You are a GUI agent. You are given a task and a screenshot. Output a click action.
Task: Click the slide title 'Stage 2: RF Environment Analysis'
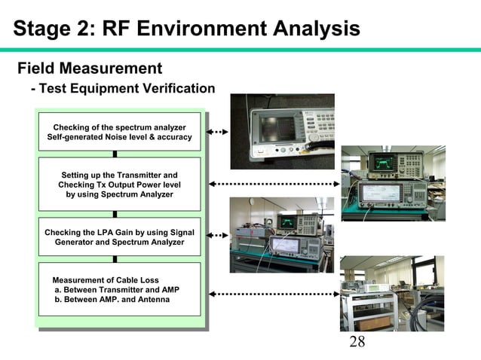click(x=186, y=29)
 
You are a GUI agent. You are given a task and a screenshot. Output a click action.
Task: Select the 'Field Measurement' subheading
click(x=90, y=69)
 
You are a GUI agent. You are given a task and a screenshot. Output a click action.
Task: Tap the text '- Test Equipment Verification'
click(x=123, y=89)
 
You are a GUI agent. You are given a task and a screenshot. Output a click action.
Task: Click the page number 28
click(x=357, y=343)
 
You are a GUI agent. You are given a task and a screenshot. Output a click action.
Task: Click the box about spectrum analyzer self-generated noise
click(x=119, y=132)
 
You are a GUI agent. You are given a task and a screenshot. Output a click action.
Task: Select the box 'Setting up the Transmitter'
click(x=119, y=185)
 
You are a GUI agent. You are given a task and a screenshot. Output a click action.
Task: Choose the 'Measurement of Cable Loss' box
click(x=119, y=289)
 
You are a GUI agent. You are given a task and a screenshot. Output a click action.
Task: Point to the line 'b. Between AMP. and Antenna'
click(x=112, y=300)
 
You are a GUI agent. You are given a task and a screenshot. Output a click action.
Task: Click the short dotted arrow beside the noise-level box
click(x=216, y=132)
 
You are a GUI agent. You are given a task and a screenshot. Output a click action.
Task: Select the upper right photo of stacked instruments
click(x=393, y=183)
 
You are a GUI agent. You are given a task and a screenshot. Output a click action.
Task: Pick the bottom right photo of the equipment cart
click(x=392, y=293)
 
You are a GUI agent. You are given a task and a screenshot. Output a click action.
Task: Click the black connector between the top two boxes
click(x=115, y=154)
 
